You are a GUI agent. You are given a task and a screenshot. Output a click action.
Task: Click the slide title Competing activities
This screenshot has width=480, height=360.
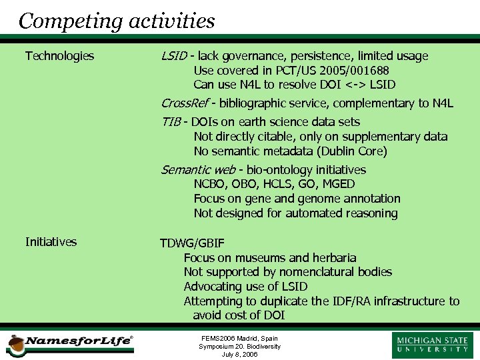pos(117,21)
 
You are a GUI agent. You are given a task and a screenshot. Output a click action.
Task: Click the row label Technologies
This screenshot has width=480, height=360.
pos(59,56)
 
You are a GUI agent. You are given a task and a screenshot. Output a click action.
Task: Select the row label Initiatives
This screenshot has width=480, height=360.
pos(51,242)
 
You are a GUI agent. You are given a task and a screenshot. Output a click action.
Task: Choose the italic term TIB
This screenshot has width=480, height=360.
pos(171,122)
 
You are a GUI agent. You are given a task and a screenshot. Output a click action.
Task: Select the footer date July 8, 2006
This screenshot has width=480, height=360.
pos(239,355)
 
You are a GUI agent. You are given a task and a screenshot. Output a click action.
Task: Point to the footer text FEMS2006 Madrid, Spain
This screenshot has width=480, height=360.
pos(239,339)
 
